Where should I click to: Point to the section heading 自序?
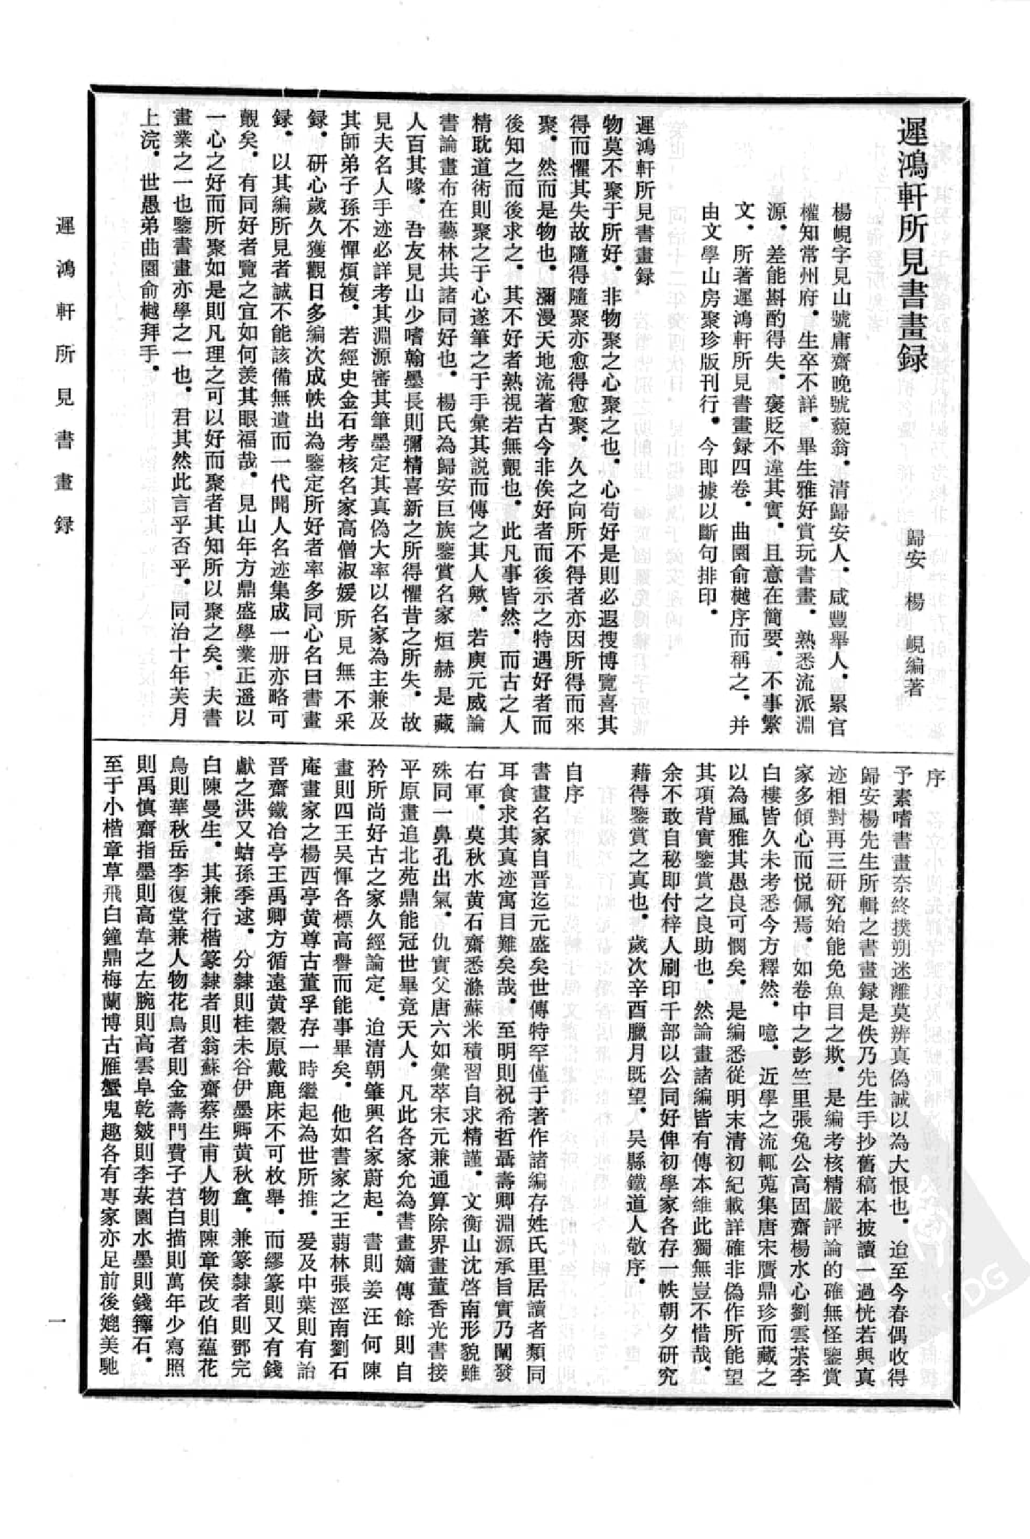575,788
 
